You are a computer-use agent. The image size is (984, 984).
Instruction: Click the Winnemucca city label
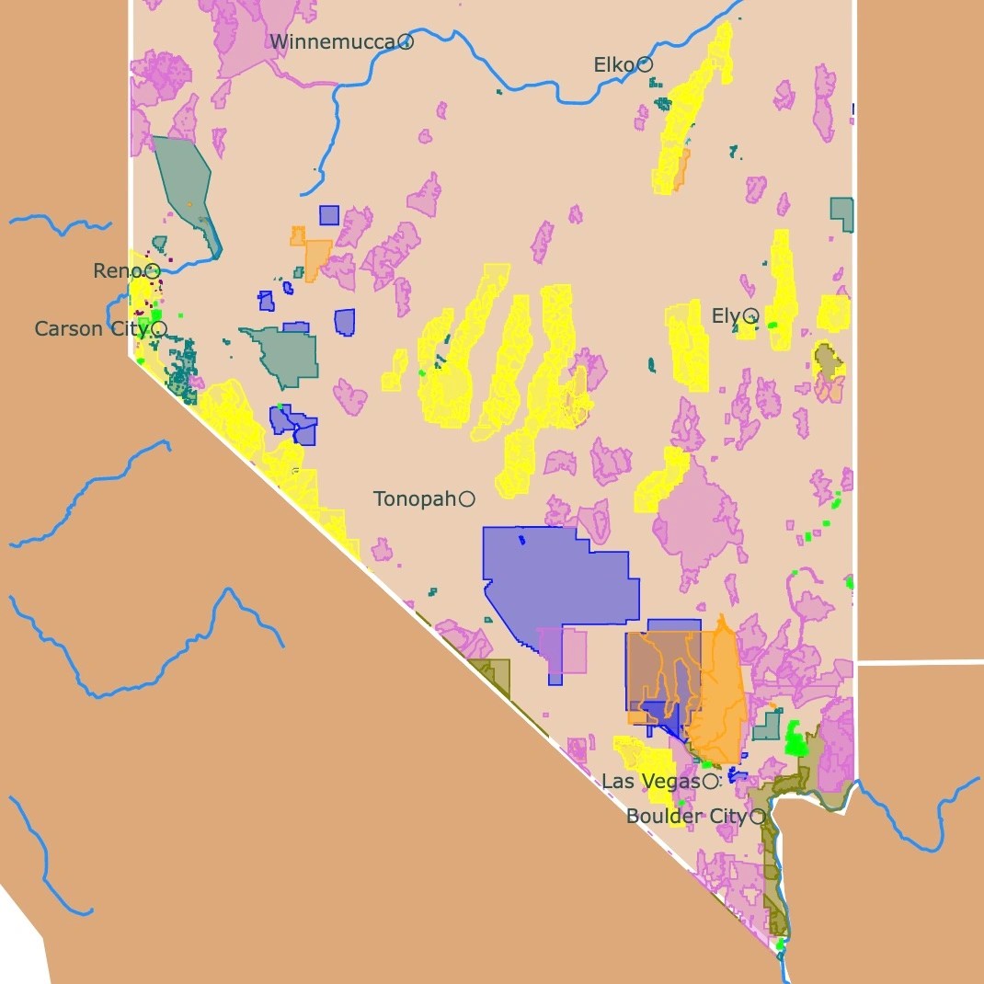coord(332,41)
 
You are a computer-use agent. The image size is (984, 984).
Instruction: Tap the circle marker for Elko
coord(646,64)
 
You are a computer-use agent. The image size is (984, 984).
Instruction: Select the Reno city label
coord(118,271)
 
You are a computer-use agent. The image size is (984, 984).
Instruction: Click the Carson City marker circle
coord(159,328)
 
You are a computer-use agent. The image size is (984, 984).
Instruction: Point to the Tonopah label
coord(415,498)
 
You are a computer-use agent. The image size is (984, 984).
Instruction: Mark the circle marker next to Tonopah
coord(467,498)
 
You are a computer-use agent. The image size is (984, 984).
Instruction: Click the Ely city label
coord(726,316)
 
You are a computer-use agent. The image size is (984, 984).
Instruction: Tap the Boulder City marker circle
coord(759,816)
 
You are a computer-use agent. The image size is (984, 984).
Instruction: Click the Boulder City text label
coord(686,817)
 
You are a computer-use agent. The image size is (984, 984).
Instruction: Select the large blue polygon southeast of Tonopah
coord(561,579)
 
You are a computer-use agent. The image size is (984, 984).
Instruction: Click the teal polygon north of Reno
coord(184,184)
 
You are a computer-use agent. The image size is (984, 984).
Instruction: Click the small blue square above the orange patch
coord(329,215)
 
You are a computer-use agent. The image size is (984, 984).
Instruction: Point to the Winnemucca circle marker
coord(406,41)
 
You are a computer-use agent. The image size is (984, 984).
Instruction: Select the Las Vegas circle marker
coord(710,782)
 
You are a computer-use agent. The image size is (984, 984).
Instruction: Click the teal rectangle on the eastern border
coord(841,212)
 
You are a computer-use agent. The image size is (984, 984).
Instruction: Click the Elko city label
coord(613,65)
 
